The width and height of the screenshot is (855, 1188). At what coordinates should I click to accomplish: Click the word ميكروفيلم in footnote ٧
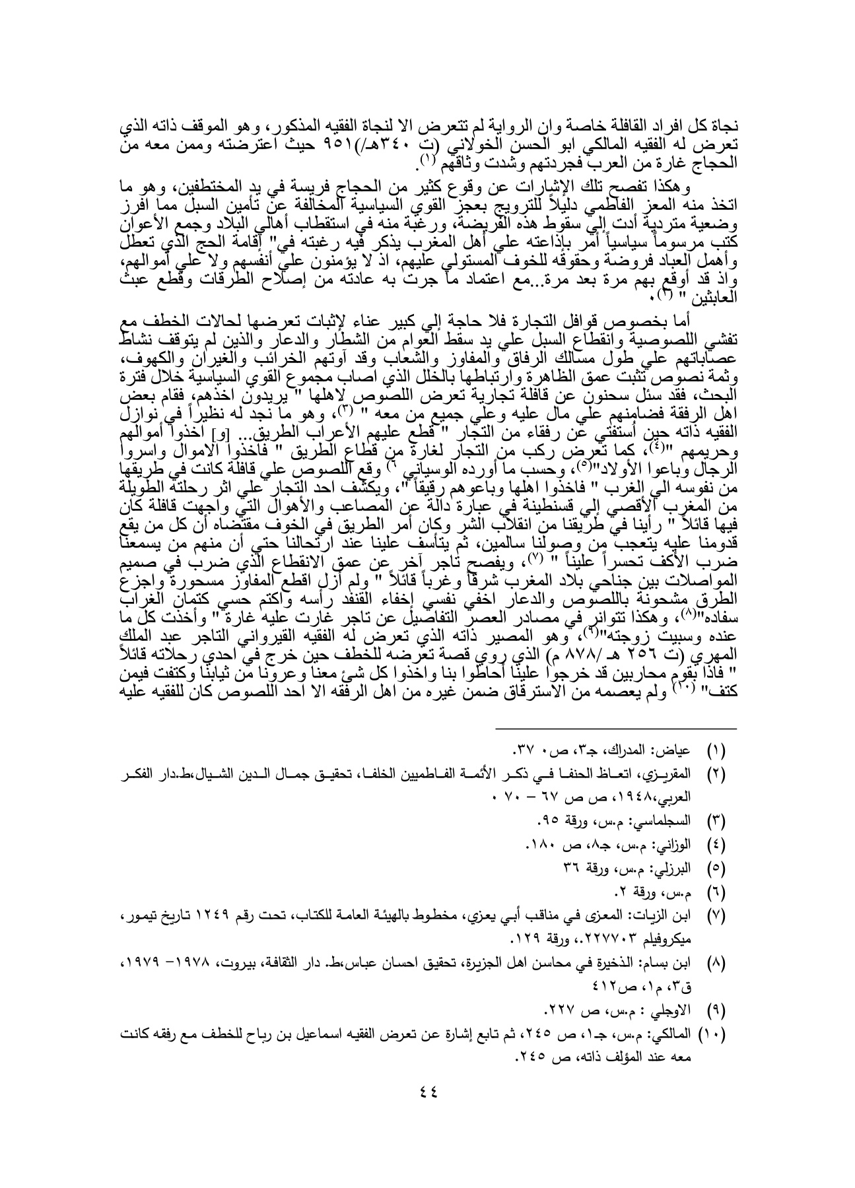(682, 937)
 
